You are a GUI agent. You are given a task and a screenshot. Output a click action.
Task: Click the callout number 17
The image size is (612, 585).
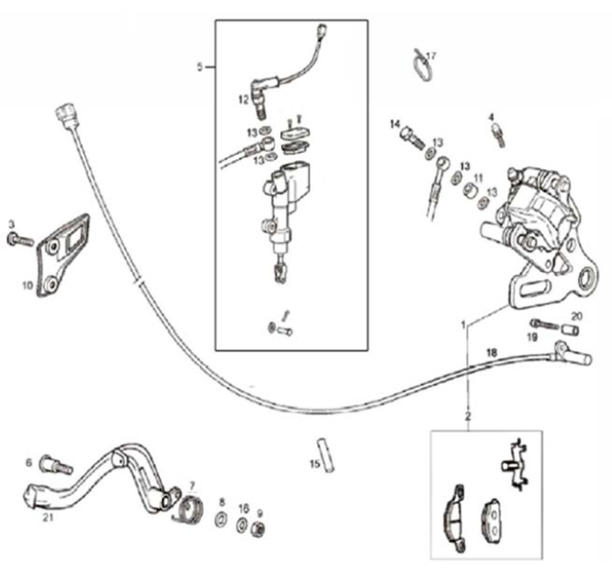tap(431, 56)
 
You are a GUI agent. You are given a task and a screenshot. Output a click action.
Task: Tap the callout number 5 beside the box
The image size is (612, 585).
tap(199, 66)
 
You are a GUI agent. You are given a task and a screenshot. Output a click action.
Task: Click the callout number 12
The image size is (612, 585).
tap(244, 97)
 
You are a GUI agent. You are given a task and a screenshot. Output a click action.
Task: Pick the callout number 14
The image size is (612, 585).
tap(396, 124)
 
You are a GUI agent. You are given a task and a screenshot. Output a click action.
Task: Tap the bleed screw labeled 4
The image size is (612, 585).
tap(497, 134)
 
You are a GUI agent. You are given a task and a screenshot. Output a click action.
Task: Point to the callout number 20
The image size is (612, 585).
tap(576, 317)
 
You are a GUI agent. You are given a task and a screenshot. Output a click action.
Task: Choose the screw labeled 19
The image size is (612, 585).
tap(543, 324)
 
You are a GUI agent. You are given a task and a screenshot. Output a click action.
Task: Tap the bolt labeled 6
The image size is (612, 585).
tap(59, 467)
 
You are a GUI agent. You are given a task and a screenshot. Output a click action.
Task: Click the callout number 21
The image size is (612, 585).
tap(46, 519)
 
